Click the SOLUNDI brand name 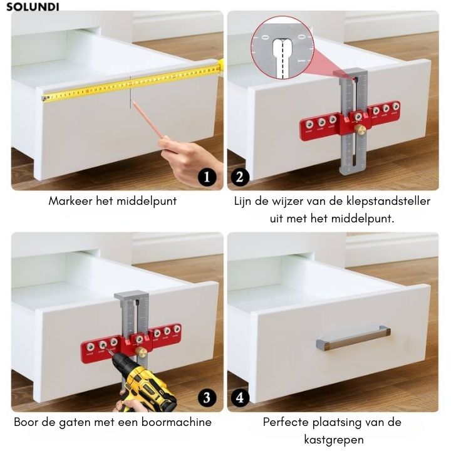click(x=33, y=7)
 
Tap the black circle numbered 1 click(x=207, y=177)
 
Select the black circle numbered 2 click(x=240, y=177)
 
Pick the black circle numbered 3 click(x=207, y=398)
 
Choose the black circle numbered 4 click(x=240, y=398)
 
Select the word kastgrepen click(x=334, y=440)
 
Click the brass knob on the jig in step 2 click(x=358, y=128)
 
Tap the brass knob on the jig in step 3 click(x=141, y=351)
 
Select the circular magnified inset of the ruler click(x=283, y=48)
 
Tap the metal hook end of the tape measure click(x=44, y=98)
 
